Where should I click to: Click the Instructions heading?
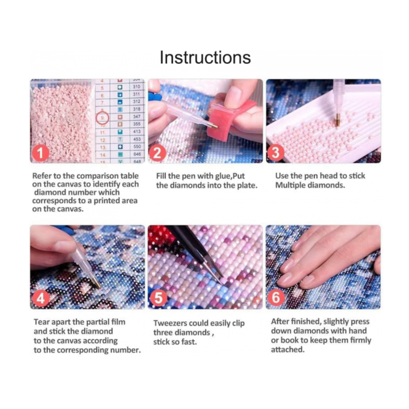(205, 58)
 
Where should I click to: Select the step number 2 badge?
(157, 153)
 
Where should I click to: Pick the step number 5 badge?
(158, 298)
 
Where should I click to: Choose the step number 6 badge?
(275, 298)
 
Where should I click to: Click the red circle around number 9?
(103, 118)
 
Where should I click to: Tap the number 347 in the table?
(137, 116)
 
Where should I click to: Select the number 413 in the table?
(137, 131)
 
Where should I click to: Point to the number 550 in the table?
(137, 146)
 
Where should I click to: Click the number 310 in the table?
(137, 87)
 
